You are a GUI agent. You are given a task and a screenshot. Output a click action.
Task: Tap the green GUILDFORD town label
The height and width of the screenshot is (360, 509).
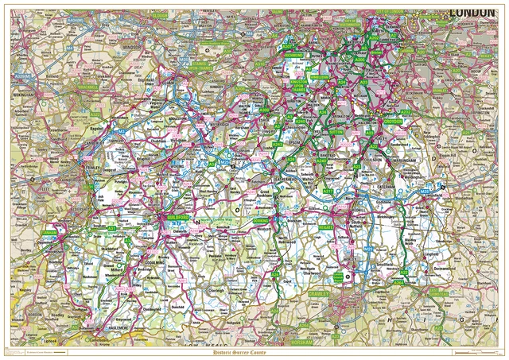(x=174, y=216)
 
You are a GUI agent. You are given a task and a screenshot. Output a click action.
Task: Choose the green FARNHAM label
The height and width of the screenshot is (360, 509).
(x=50, y=233)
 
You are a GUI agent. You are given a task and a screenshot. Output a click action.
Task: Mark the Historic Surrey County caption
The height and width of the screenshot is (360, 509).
(x=254, y=350)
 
